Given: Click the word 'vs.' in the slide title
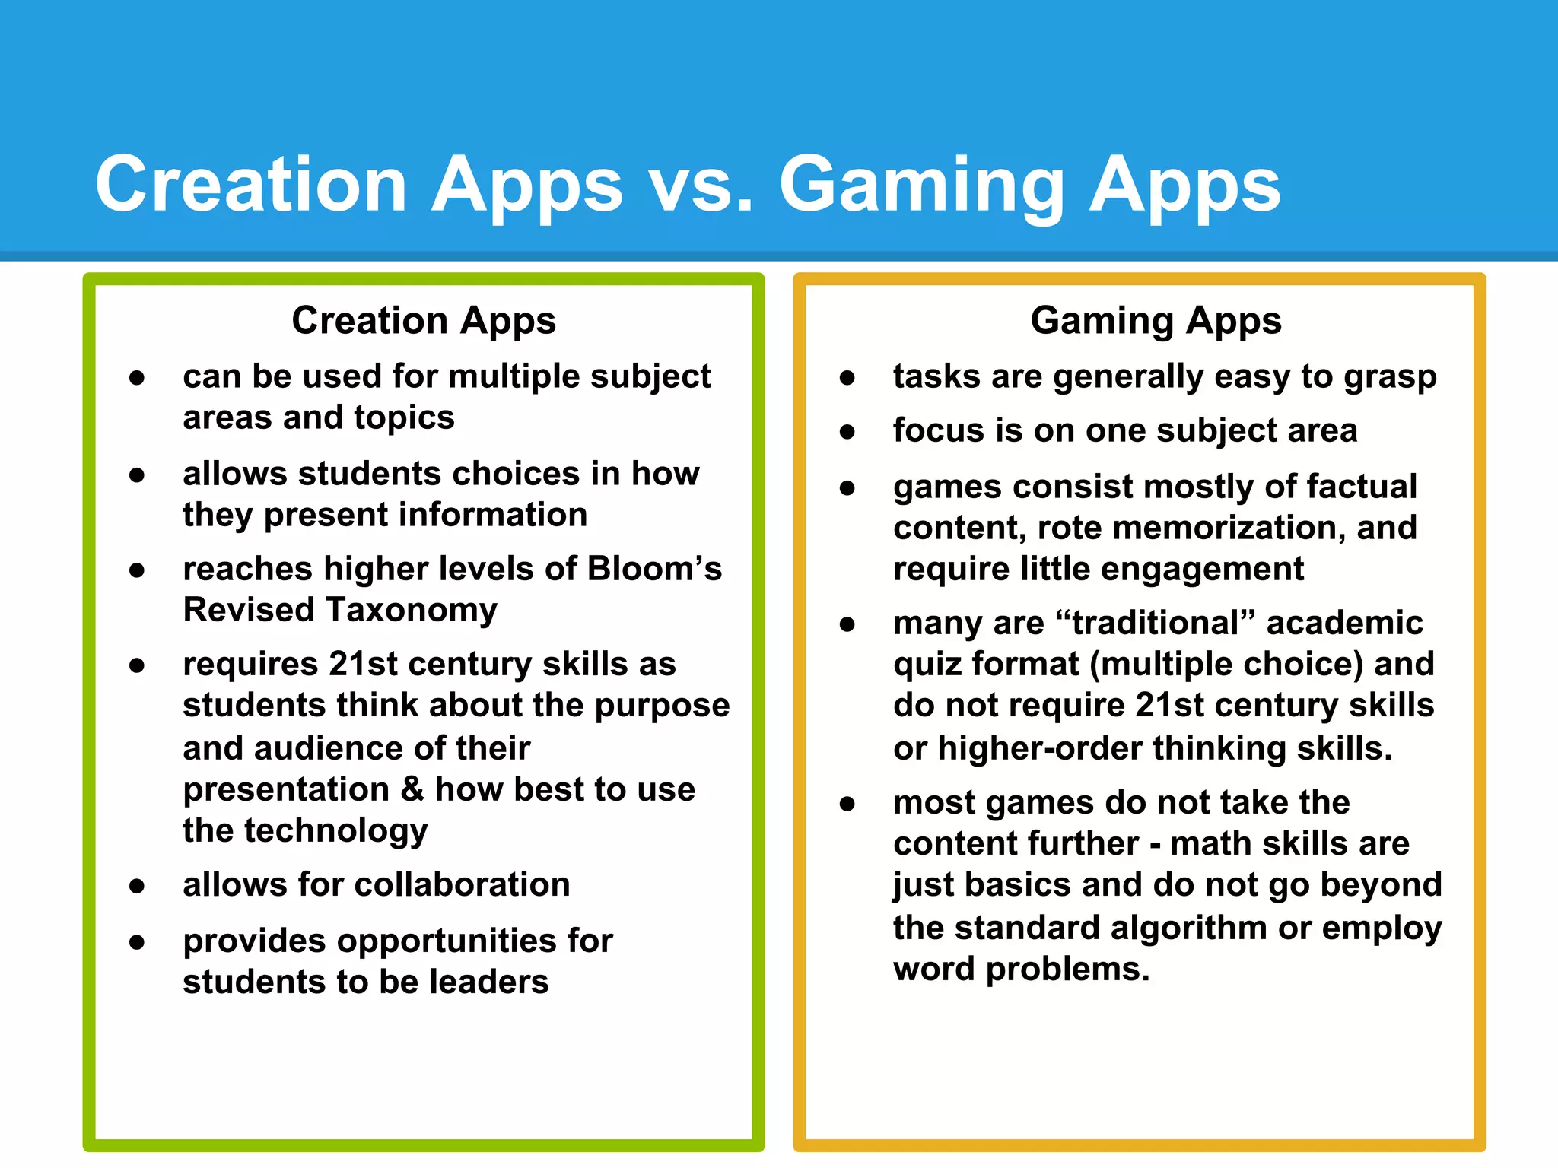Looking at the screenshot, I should (701, 185).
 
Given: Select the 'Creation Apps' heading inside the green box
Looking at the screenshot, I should (424, 320).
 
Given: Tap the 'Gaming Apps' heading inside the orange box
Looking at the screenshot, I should (1156, 320).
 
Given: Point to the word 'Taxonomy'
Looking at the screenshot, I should (411, 611).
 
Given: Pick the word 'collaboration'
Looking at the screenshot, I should (462, 884).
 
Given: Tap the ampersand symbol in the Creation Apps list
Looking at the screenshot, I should (412, 789).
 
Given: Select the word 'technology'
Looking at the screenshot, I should (335, 830).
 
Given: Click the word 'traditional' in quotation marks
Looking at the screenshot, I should (1156, 623).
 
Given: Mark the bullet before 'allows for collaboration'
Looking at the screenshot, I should (137, 886).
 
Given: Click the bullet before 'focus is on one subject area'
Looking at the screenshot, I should (847, 432).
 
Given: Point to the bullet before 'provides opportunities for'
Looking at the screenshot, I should (137, 943).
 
